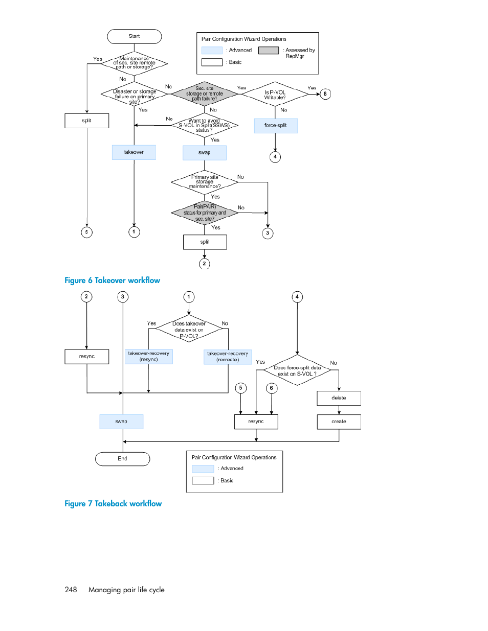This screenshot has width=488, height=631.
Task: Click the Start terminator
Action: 135,36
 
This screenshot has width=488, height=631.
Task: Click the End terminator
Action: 122,459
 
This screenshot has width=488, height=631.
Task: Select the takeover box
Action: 134,152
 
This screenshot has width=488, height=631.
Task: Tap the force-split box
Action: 276,126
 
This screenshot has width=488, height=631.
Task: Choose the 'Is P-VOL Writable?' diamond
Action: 275,94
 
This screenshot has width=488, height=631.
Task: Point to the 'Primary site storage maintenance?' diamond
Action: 205,182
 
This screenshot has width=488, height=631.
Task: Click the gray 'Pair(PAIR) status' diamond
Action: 205,213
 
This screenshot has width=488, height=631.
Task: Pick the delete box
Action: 339,398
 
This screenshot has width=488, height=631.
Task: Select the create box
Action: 339,422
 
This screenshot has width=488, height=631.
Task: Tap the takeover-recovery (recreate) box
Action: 228,357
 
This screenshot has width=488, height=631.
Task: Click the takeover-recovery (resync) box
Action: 148,357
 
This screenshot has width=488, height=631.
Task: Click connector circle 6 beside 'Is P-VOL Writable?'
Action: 325,94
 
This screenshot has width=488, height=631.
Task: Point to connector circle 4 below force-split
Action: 275,157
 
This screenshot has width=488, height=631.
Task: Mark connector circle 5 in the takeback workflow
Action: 240,388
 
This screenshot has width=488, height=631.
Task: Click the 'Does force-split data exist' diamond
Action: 297,370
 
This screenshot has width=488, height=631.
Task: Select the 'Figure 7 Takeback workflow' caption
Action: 113,504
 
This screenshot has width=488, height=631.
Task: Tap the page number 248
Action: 71,590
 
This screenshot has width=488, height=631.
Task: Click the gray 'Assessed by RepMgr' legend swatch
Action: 269,51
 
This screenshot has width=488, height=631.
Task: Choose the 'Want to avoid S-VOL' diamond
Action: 204,125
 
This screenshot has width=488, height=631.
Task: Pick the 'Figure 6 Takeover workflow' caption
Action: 112,281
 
